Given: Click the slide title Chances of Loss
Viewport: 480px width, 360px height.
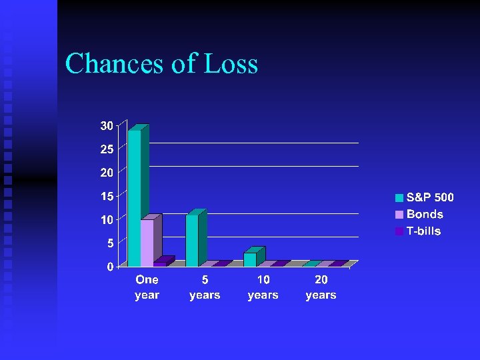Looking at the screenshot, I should [161, 64].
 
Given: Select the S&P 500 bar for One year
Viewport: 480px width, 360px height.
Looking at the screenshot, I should [135, 197].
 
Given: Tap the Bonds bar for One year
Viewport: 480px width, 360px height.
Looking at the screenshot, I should [147, 243].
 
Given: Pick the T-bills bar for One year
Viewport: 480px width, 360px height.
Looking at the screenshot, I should [160, 263].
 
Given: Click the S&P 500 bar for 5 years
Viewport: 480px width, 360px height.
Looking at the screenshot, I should [192, 240].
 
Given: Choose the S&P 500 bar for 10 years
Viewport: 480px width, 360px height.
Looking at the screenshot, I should [250, 259].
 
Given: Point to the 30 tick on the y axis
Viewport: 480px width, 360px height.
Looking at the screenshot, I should [106, 125].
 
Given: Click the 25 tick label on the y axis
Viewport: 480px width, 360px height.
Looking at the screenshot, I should [106, 149].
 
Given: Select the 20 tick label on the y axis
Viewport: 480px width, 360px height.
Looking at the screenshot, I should [106, 172].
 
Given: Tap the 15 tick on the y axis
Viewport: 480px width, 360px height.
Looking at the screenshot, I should [106, 196].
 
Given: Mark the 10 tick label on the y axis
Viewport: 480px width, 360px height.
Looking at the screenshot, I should [106, 219].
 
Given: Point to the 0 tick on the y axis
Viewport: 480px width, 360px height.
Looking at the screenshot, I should [109, 267].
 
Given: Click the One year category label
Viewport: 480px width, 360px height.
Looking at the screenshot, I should [147, 287].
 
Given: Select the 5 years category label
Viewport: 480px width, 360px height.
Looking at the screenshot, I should [205, 287].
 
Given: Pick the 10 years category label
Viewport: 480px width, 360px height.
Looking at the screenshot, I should [263, 287].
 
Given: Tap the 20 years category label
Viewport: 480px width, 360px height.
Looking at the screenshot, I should [321, 287].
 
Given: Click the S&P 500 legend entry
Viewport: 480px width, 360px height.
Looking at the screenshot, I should [424, 197].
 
